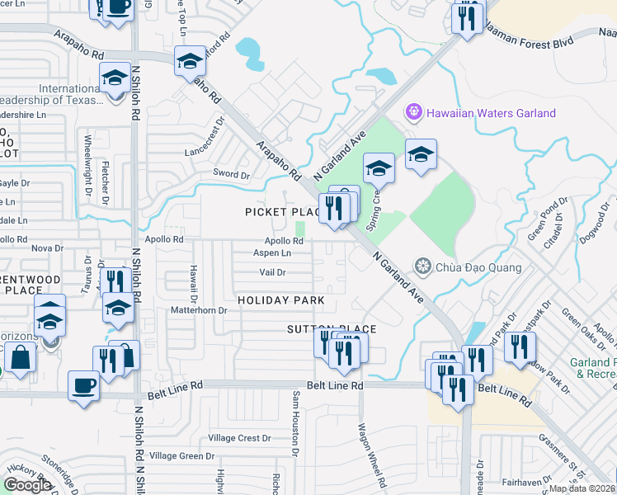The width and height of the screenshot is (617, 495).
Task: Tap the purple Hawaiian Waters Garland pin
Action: pyautogui.click(x=413, y=111)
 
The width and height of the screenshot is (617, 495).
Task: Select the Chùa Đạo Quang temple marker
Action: pyautogui.click(x=423, y=266)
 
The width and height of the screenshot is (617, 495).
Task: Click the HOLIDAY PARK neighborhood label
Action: pyautogui.click(x=281, y=301)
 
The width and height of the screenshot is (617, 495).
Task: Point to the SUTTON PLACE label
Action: pyautogui.click(x=331, y=329)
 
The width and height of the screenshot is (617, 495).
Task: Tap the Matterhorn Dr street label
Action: pyautogui.click(x=198, y=310)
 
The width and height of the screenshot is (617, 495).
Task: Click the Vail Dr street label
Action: pyautogui.click(x=272, y=271)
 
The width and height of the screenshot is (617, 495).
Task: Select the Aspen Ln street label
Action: pyautogui.click(x=272, y=253)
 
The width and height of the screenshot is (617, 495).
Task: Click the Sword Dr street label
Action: pyautogui.click(x=232, y=175)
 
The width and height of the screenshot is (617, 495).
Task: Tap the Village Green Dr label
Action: pyautogui.click(x=181, y=455)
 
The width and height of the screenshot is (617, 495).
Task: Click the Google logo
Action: pyautogui.click(x=27, y=485)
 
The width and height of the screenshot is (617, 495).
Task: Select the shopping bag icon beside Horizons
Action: pyautogui.click(x=20, y=358)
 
